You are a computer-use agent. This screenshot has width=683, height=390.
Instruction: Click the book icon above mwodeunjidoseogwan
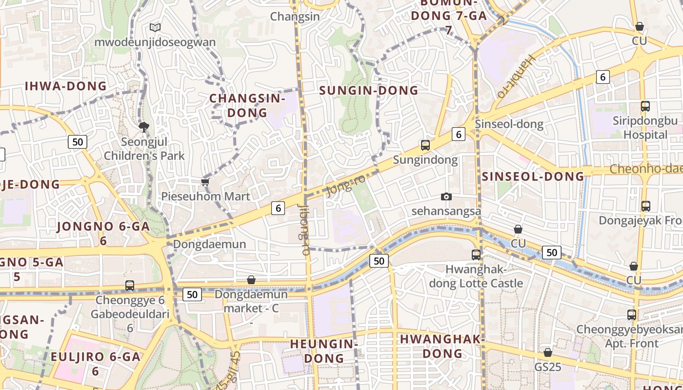tap(155, 28)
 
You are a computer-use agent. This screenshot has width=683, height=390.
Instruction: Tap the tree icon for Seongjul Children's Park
tap(144, 127)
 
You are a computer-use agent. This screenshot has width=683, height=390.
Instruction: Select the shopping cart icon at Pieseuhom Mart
tap(205, 182)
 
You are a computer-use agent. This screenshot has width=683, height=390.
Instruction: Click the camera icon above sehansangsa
tap(446, 196)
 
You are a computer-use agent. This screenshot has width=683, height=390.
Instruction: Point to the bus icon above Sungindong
tap(425, 145)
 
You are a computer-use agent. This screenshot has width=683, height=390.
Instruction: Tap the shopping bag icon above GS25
tap(548, 352)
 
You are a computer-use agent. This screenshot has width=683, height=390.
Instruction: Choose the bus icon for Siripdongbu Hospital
tap(645, 106)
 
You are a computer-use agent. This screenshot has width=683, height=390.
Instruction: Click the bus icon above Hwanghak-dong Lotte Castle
tap(476, 254)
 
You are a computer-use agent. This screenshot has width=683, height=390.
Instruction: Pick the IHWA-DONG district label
tap(65, 86)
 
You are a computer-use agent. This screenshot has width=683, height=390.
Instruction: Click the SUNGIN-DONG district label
tap(368, 90)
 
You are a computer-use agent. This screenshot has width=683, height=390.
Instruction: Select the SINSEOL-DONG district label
tap(533, 176)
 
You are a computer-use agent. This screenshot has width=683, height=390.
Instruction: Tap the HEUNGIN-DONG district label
tap(324, 351)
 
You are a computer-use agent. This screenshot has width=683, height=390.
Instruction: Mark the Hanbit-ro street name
tap(516, 77)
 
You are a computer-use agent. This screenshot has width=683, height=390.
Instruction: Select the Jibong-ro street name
tap(303, 230)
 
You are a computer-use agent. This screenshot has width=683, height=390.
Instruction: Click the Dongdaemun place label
tap(210, 244)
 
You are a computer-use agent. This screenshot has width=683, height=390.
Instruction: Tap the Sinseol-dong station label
tap(509, 124)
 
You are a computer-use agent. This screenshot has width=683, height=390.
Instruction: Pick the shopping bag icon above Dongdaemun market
tap(251, 280)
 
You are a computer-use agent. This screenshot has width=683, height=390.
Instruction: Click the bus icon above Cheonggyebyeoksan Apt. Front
tap(632, 315)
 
